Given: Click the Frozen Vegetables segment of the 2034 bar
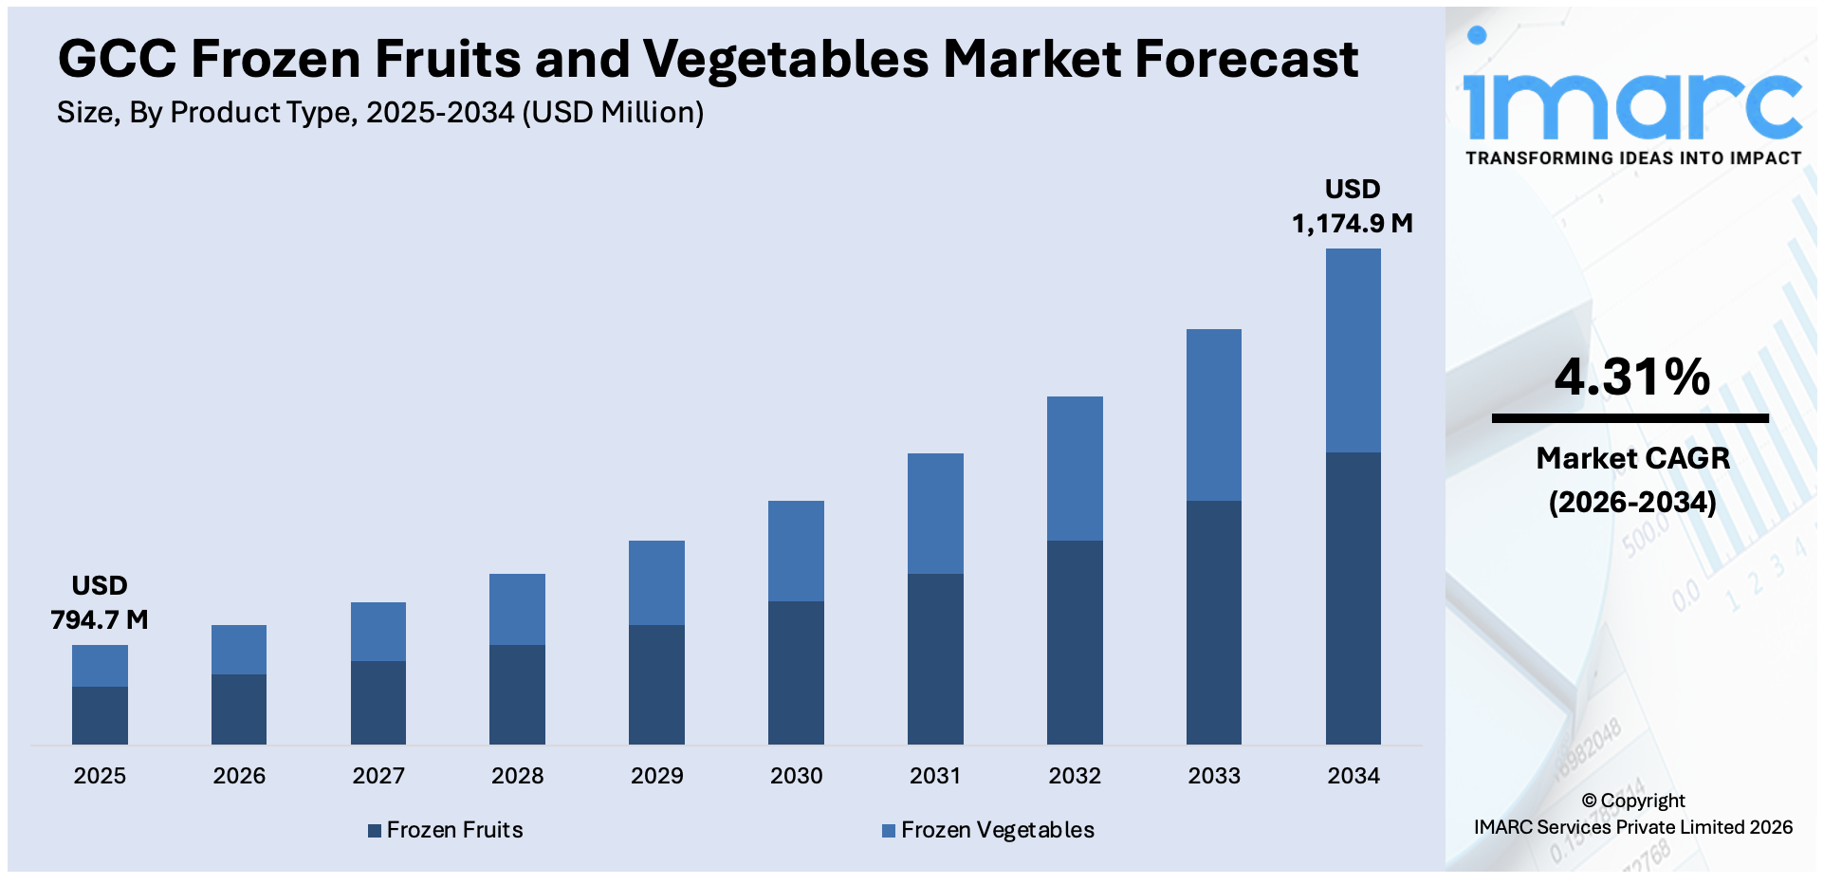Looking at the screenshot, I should tap(1353, 350).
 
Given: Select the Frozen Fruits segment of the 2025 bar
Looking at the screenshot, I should tap(100, 715).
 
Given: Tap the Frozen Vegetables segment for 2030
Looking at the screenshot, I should tap(796, 550).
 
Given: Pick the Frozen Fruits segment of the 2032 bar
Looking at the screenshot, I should tap(1075, 642).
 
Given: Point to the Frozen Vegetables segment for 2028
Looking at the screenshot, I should tap(517, 609).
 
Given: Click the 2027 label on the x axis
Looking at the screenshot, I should tap(378, 776).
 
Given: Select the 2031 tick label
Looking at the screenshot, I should tap(935, 776).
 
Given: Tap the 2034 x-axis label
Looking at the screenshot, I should tap(1353, 776).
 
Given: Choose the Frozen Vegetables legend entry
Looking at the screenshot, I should tap(988, 830).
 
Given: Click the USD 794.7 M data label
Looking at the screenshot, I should tap(100, 603).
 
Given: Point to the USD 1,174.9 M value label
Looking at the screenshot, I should tap(1353, 207).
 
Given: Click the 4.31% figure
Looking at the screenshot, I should tap(1631, 377).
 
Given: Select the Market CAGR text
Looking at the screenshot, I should tap(1632, 458).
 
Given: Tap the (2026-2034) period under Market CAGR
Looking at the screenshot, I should tap(1632, 502).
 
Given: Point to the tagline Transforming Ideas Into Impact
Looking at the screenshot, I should tap(1632, 158).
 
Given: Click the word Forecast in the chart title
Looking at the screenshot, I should tap(1245, 59).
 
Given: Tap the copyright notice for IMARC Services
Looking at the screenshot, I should tap(1632, 814).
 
